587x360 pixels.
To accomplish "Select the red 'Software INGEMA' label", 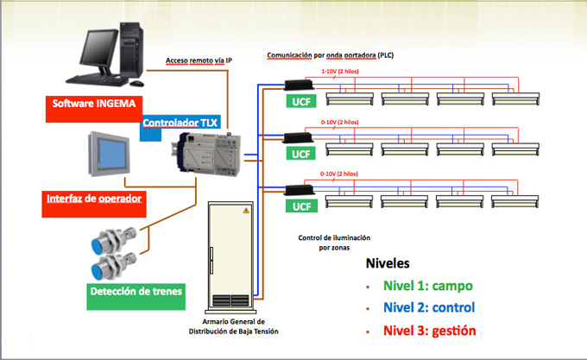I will (89, 104).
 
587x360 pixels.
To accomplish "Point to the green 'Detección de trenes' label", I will (136, 293).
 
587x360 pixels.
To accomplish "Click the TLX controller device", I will (207, 155).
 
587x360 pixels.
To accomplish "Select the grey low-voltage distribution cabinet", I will (230, 255).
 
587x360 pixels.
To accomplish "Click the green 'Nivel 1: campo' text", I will (428, 285).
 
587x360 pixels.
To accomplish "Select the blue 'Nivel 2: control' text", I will (429, 306).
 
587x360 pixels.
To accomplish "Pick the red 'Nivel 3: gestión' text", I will (429, 330).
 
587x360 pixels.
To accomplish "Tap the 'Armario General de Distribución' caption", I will (234, 325).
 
